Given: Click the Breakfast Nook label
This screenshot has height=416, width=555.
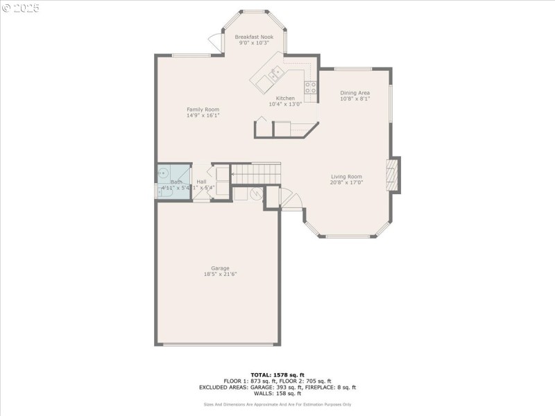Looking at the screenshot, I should tap(254, 37).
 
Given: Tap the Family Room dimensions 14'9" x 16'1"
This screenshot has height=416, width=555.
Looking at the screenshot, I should tap(203, 116).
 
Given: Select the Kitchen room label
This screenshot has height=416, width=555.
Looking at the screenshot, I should tap(285, 98).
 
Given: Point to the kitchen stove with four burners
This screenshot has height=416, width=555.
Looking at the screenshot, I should tap(311, 87).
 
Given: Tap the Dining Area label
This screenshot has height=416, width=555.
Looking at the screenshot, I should tap(355, 93).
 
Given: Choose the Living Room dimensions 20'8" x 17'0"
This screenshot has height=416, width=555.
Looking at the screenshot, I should tap(346, 184).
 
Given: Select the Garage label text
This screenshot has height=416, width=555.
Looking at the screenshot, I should tap(220, 268).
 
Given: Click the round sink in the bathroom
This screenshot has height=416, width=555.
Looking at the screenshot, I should tap(164, 173).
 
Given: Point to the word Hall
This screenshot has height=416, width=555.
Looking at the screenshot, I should tap(201, 182).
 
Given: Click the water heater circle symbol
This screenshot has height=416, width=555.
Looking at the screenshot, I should tap(255, 194).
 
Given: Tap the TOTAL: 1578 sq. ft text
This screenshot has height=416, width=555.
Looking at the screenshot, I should tap(277, 375).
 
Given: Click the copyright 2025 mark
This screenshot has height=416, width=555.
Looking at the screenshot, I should tap(21, 8).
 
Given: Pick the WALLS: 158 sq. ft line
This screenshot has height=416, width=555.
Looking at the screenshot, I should tap(277, 394).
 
